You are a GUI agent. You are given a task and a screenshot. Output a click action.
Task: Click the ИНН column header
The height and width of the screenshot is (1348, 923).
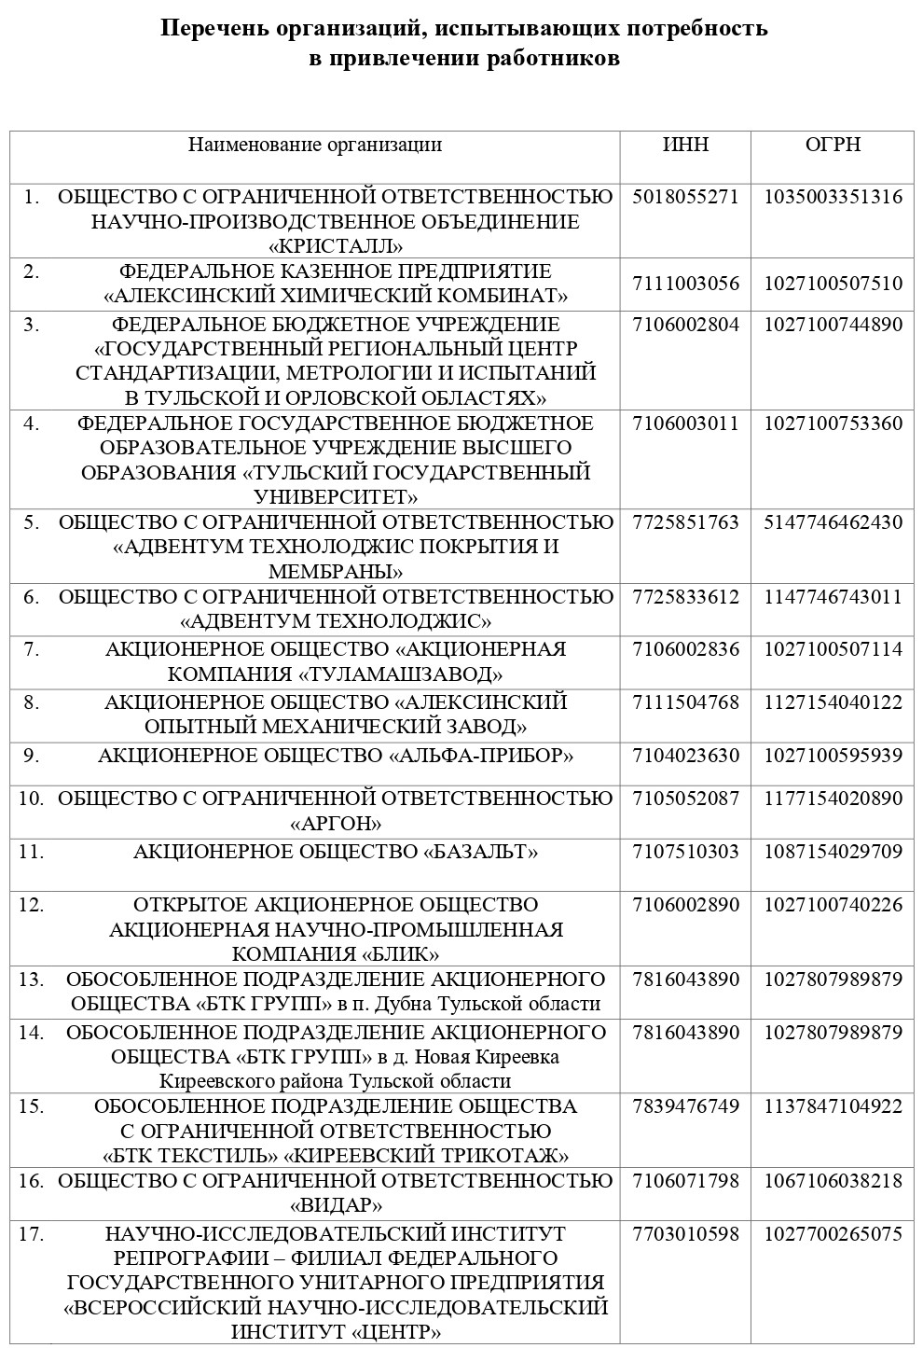click(x=685, y=145)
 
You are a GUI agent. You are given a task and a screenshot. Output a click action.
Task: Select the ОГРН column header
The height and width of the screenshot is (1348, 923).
click(x=833, y=145)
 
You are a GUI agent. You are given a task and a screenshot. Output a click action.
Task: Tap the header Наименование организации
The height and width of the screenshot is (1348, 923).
click(x=315, y=145)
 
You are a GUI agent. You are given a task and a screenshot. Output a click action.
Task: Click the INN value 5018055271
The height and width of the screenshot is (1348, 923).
click(x=685, y=197)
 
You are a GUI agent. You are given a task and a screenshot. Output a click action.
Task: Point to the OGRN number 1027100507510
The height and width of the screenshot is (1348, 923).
click(x=833, y=284)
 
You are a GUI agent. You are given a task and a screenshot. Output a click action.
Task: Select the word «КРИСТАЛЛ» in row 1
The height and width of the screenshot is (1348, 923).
click(x=336, y=247)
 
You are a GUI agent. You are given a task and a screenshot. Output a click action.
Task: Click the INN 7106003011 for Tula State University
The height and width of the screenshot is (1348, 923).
click(x=685, y=424)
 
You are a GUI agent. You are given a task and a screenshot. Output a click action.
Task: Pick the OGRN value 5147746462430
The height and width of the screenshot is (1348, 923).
click(x=833, y=522)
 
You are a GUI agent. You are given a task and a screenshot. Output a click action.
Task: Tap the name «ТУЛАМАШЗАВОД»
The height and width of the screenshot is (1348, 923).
click(x=400, y=674)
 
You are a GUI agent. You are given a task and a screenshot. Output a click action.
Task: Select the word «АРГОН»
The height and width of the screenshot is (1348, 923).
click(x=336, y=825)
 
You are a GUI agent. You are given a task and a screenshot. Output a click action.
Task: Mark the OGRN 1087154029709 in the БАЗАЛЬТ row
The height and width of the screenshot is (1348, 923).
click(x=833, y=852)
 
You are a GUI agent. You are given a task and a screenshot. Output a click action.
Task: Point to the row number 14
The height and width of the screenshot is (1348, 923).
click(x=32, y=1033)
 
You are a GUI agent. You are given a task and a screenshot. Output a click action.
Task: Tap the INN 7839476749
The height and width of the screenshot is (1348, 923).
click(x=685, y=1106)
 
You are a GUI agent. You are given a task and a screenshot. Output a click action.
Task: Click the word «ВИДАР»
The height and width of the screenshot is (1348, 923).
click(x=336, y=1204)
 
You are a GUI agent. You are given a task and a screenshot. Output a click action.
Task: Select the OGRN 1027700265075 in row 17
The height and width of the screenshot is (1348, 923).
click(x=833, y=1234)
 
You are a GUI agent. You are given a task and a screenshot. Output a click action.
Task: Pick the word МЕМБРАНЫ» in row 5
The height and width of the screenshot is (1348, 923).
click(x=336, y=571)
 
